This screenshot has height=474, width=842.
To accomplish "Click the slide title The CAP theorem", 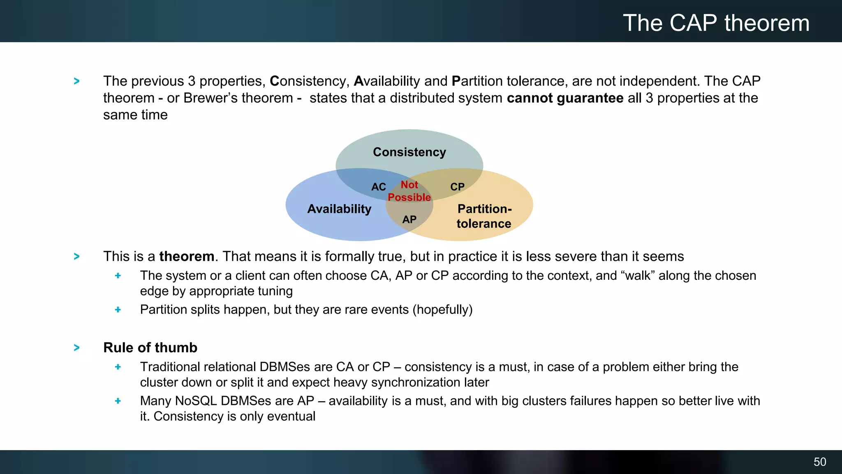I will tap(716, 23).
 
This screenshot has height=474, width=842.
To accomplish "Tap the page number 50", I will tap(819, 462).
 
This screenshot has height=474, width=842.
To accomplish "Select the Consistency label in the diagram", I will tap(409, 152).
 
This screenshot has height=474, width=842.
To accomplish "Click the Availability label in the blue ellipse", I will tap(339, 209).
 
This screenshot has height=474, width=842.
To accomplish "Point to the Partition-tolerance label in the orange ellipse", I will tap(484, 216).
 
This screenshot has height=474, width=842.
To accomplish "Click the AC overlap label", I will tap(379, 187).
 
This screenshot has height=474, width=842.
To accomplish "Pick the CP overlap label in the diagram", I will tap(457, 187).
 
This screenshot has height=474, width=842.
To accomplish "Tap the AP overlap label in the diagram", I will tap(409, 220).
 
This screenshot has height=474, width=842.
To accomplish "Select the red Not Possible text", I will tap(409, 191).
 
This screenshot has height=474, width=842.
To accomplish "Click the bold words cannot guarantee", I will tap(565, 98).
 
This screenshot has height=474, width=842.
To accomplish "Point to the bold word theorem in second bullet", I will tap(187, 256).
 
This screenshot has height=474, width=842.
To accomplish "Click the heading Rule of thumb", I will tap(150, 348).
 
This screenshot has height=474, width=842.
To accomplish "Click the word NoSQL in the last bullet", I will tap(196, 401).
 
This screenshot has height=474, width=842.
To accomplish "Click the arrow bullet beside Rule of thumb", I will tap(76, 348).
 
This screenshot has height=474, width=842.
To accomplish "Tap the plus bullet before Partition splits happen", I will tap(118, 310).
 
